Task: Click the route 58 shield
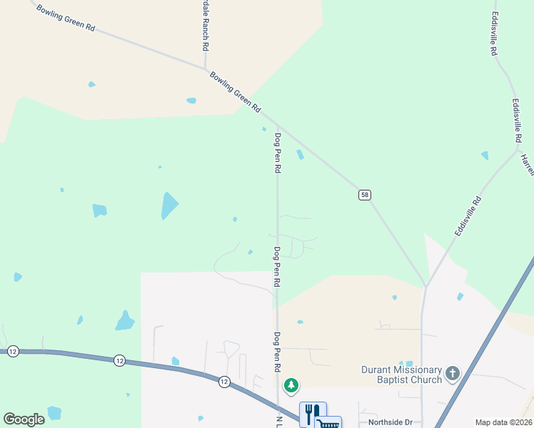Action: (364, 195)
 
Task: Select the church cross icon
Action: (452, 373)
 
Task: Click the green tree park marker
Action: (291, 386)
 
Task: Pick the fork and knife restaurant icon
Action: (312, 413)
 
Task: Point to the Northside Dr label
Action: (391, 422)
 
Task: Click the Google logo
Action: (24, 419)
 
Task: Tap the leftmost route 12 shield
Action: (13, 352)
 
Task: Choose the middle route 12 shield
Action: (119, 362)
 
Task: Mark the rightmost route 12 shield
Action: (224, 382)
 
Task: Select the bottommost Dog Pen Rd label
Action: (276, 351)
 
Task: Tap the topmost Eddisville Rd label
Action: (494, 34)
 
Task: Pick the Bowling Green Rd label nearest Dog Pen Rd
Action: (235, 91)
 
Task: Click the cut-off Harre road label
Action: (528, 165)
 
